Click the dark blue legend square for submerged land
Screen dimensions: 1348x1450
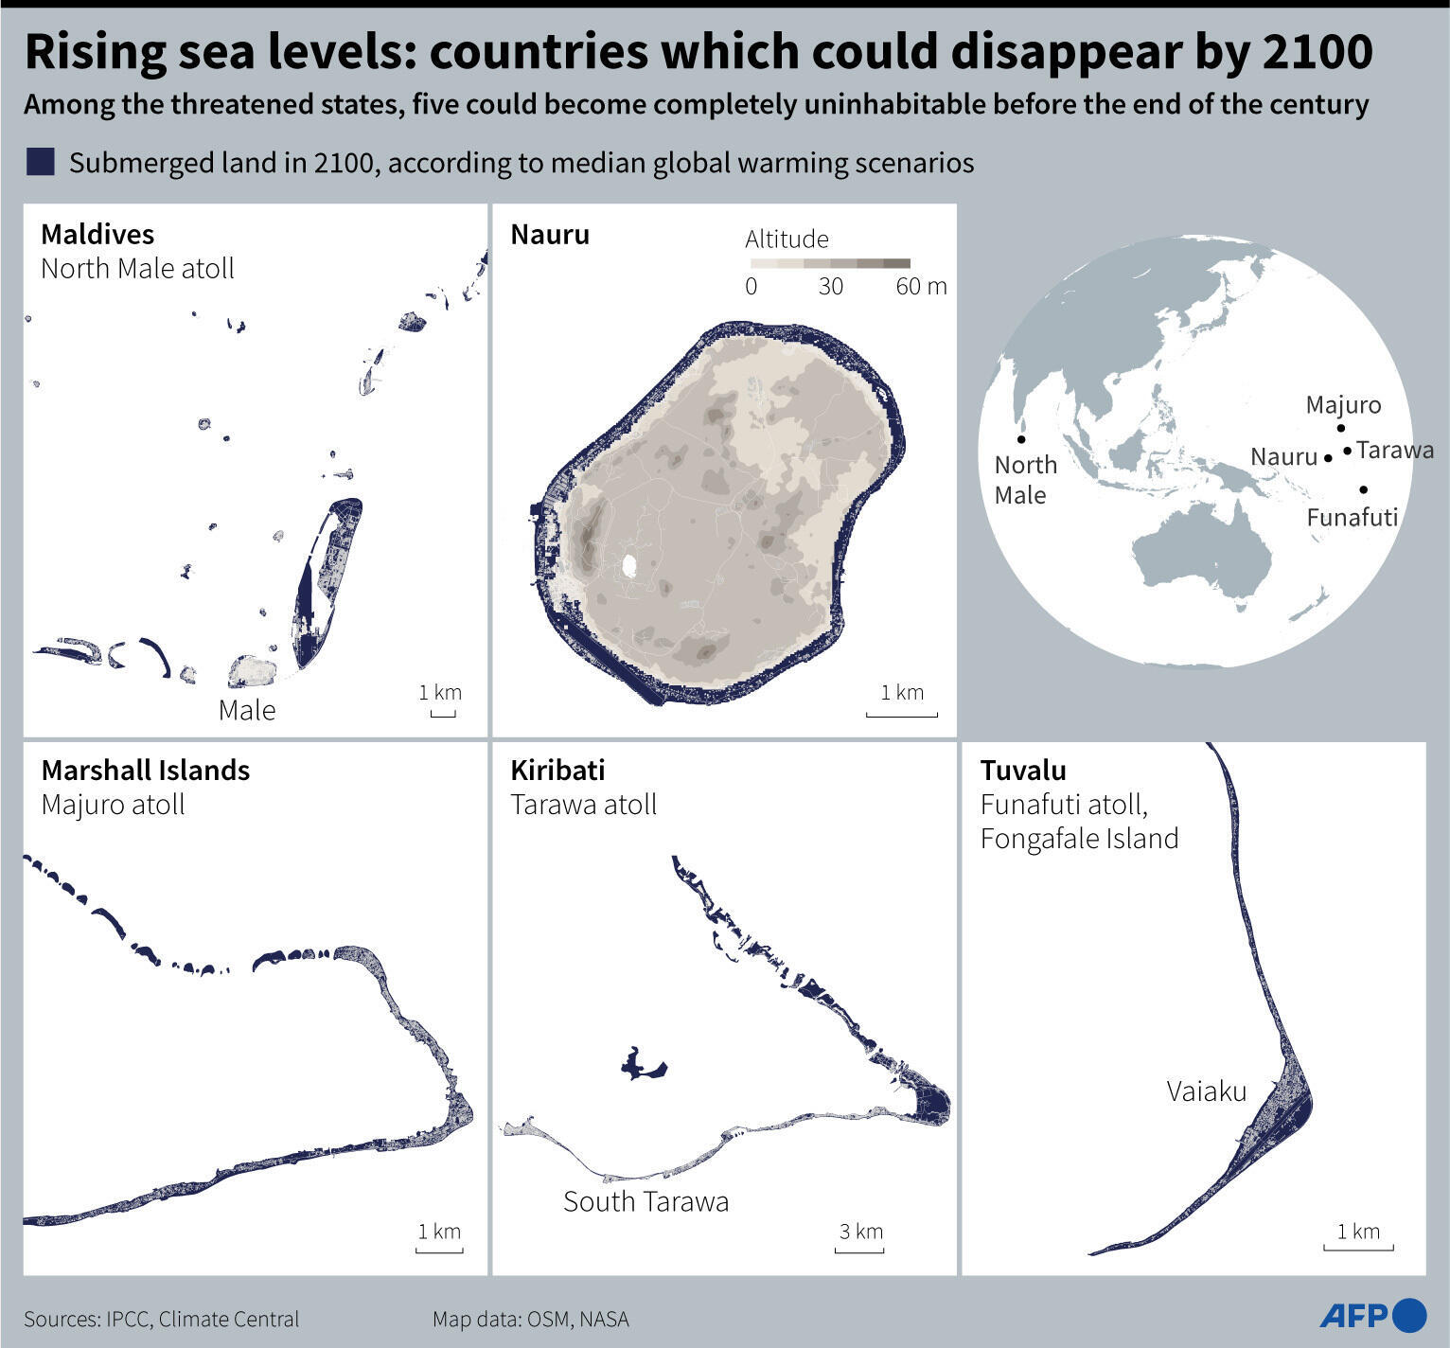(x=41, y=162)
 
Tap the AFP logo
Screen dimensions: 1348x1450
(x=1372, y=1315)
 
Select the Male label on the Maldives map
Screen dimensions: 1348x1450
(x=247, y=710)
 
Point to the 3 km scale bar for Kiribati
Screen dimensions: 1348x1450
(x=859, y=1250)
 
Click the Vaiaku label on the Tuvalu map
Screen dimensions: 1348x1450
(x=1207, y=1091)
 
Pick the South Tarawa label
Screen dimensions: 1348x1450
(x=645, y=1201)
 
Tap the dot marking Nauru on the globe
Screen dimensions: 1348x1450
(x=1328, y=458)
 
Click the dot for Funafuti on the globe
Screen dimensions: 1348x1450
(x=1363, y=489)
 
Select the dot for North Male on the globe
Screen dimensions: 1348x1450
(x=1021, y=439)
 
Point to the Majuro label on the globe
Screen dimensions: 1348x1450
(x=1343, y=405)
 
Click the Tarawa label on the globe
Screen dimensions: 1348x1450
(x=1394, y=450)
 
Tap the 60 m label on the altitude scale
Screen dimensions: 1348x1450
(x=921, y=286)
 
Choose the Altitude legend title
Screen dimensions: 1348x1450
(x=787, y=239)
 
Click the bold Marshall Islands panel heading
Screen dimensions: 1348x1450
(x=146, y=770)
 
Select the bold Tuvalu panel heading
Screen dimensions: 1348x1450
(x=1023, y=770)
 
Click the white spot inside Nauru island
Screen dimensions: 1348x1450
(x=629, y=566)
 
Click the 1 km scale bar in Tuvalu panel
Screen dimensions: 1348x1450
(x=1358, y=1249)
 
